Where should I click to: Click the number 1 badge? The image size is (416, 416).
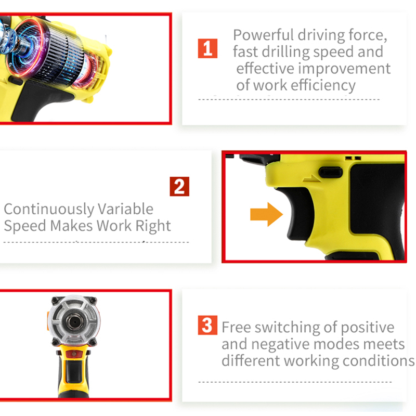click(x=207, y=48)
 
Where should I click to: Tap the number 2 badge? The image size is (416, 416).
click(x=179, y=187)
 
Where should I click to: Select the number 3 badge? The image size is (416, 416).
click(x=207, y=325)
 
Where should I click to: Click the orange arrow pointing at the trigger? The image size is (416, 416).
click(x=266, y=214)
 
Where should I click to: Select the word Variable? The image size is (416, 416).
click(x=126, y=209)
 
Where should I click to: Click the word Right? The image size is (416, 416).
click(x=153, y=226)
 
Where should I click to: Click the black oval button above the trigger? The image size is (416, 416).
click(x=331, y=173)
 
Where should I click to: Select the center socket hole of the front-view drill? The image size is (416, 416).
click(x=74, y=322)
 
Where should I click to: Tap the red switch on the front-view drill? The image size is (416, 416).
click(x=74, y=354)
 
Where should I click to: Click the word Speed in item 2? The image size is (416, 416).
click(x=25, y=226)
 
